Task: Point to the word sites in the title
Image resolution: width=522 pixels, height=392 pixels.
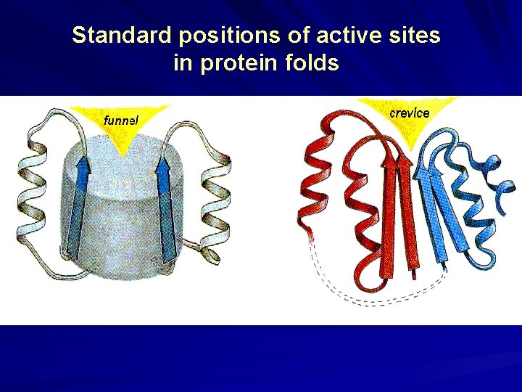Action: pyautogui.click(x=414, y=36)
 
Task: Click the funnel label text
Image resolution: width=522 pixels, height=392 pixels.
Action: pyautogui.click(x=121, y=119)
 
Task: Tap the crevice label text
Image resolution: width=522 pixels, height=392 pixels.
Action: pyautogui.click(x=410, y=113)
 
